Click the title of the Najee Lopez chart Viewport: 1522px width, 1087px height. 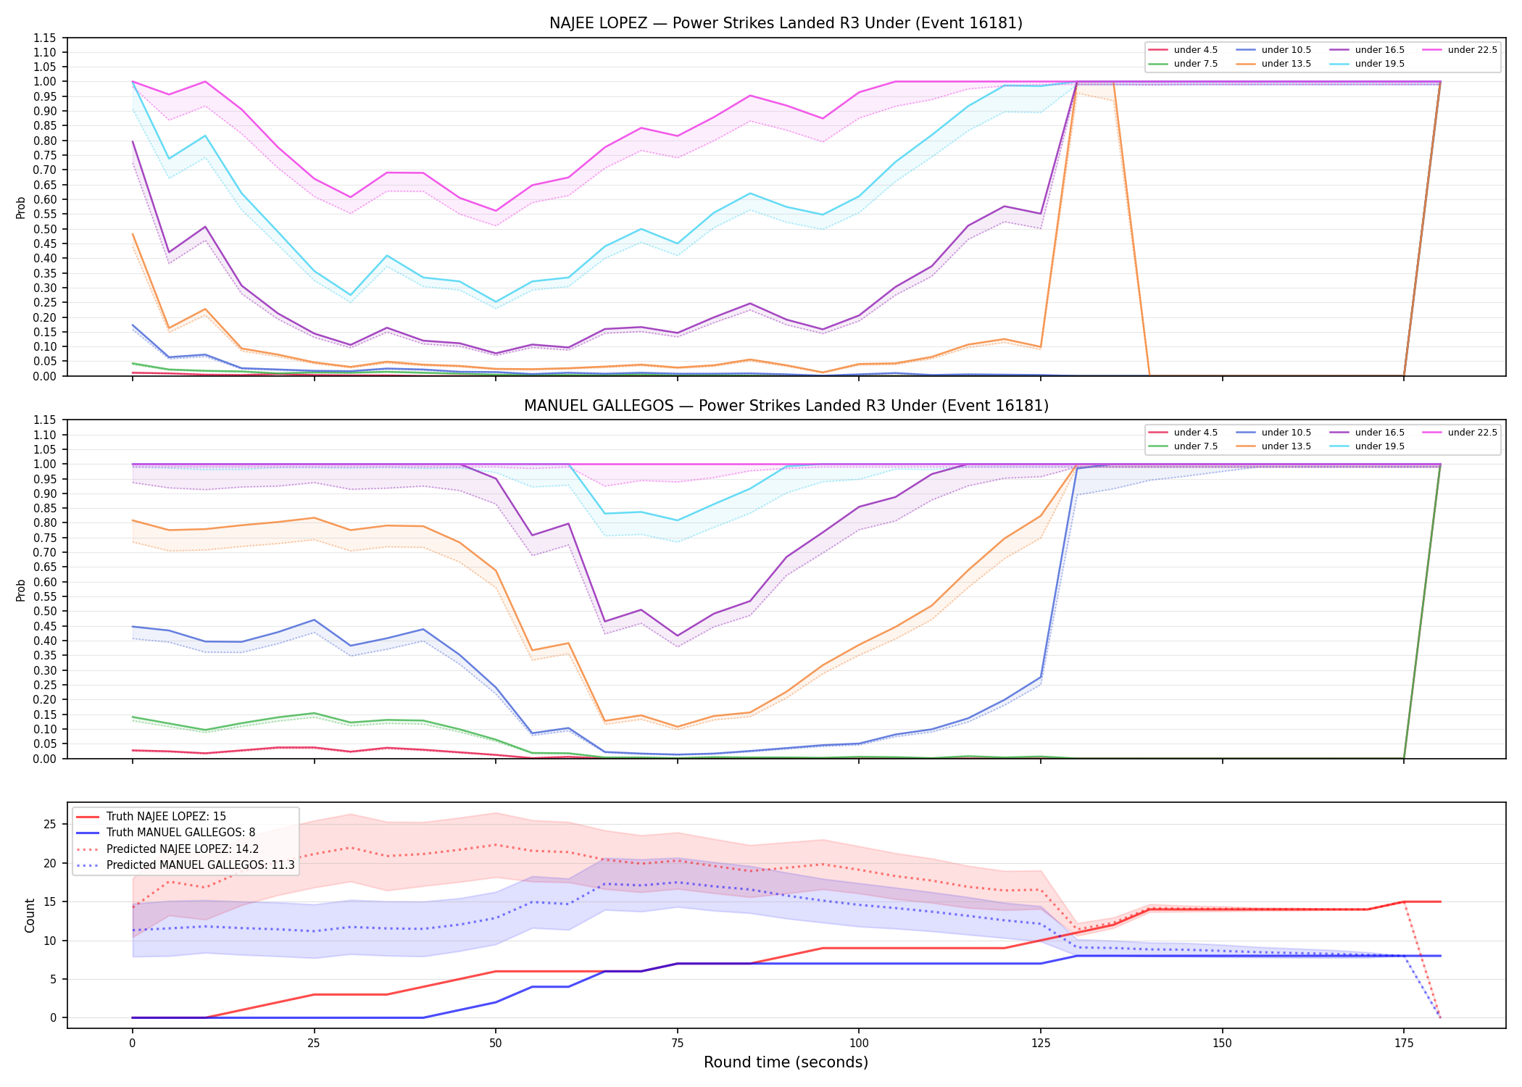[x=786, y=23]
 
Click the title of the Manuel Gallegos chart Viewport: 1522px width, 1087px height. [x=786, y=406]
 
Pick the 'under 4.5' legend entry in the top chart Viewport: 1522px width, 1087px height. [x=1183, y=50]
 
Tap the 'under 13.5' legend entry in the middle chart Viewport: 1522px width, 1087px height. [x=1273, y=446]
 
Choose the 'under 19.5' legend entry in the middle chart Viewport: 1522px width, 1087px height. [x=1367, y=446]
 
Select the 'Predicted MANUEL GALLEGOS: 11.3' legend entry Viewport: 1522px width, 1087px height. [x=185, y=865]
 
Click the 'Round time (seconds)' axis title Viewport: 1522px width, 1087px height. [x=786, y=1062]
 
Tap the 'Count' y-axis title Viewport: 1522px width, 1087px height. [x=30, y=915]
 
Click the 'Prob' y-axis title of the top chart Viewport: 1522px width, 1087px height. [x=21, y=207]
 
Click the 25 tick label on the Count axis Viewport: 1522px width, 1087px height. [x=50, y=824]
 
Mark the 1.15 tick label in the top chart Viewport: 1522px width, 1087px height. [x=45, y=38]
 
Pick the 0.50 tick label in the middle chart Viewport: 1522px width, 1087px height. [x=45, y=612]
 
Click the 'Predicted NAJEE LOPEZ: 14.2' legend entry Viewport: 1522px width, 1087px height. [x=167, y=849]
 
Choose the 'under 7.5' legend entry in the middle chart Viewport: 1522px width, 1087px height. [x=1183, y=446]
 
